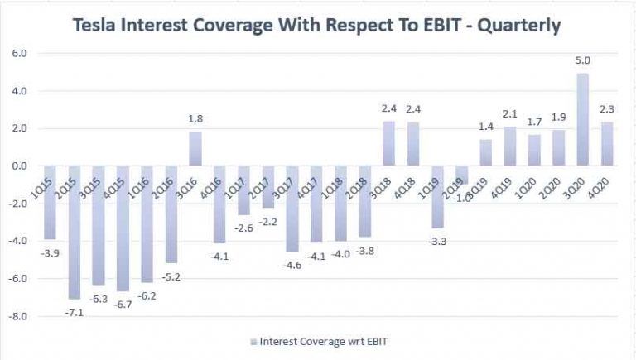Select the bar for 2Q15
pyautogui.click(x=75, y=232)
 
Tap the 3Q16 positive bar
pyautogui.click(x=195, y=149)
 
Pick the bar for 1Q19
pyautogui.click(x=437, y=197)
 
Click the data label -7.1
pyautogui.click(x=75, y=312)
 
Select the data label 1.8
pyautogui.click(x=195, y=119)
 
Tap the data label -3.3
pyautogui.click(x=437, y=241)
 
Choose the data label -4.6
pyautogui.click(x=292, y=266)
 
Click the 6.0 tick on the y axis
pyautogui.click(x=18, y=53)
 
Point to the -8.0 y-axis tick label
pyautogui.click(x=17, y=317)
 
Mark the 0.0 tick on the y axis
pyautogui.click(x=18, y=166)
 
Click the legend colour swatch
pyautogui.click(x=253, y=340)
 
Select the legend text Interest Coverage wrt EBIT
pyautogui.click(x=323, y=340)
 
